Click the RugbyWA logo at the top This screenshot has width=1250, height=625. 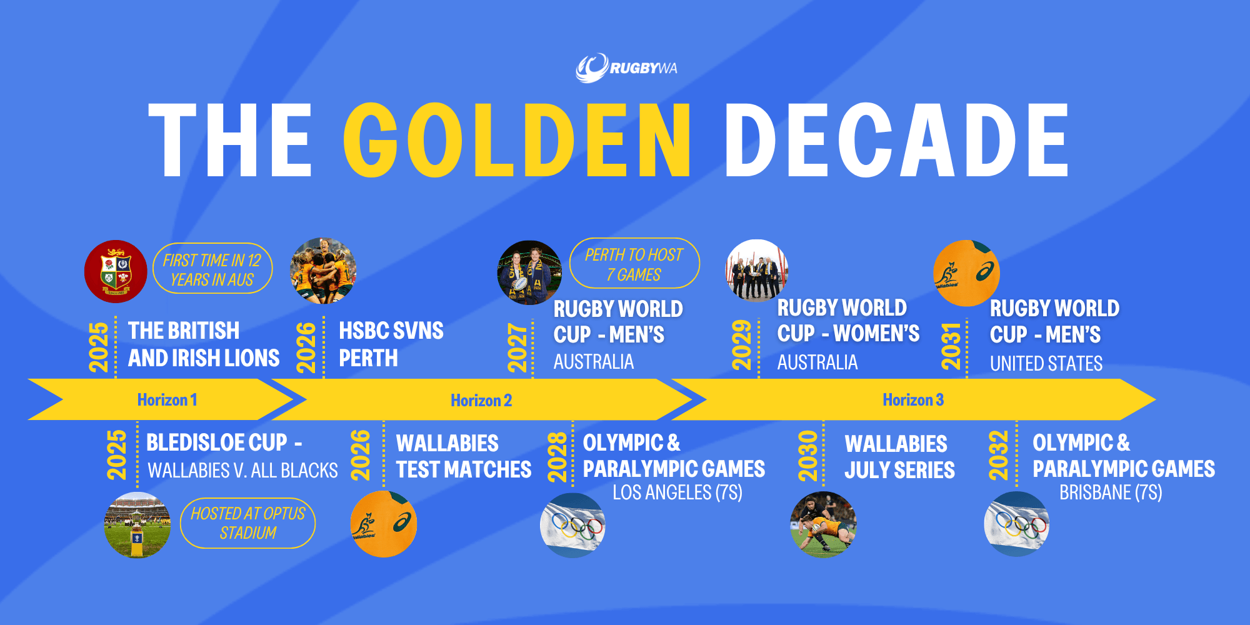[x=626, y=67]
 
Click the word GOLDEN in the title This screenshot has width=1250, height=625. [x=517, y=140]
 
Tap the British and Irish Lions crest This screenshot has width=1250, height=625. [x=116, y=271]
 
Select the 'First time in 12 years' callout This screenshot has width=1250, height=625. [x=212, y=269]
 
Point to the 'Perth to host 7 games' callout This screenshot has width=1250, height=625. [x=634, y=264]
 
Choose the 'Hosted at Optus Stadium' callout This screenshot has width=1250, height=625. [x=247, y=523]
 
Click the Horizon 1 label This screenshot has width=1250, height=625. [x=167, y=400]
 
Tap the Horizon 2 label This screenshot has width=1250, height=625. [x=481, y=401]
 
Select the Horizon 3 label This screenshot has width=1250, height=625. [x=913, y=400]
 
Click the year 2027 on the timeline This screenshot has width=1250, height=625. [x=518, y=347]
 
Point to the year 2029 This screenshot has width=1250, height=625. [x=742, y=345]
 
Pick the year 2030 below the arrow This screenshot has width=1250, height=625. [x=808, y=456]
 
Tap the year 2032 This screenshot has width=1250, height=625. [x=999, y=456]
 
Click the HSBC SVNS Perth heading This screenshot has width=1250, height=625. [x=391, y=344]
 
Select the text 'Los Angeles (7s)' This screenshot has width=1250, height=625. [x=677, y=492]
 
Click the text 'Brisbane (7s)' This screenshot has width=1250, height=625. [x=1111, y=492]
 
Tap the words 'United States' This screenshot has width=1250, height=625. [x=1046, y=363]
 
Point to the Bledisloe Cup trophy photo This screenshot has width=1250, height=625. [x=137, y=525]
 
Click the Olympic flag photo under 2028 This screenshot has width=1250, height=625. [x=572, y=525]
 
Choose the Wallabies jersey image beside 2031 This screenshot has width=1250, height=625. [x=966, y=273]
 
